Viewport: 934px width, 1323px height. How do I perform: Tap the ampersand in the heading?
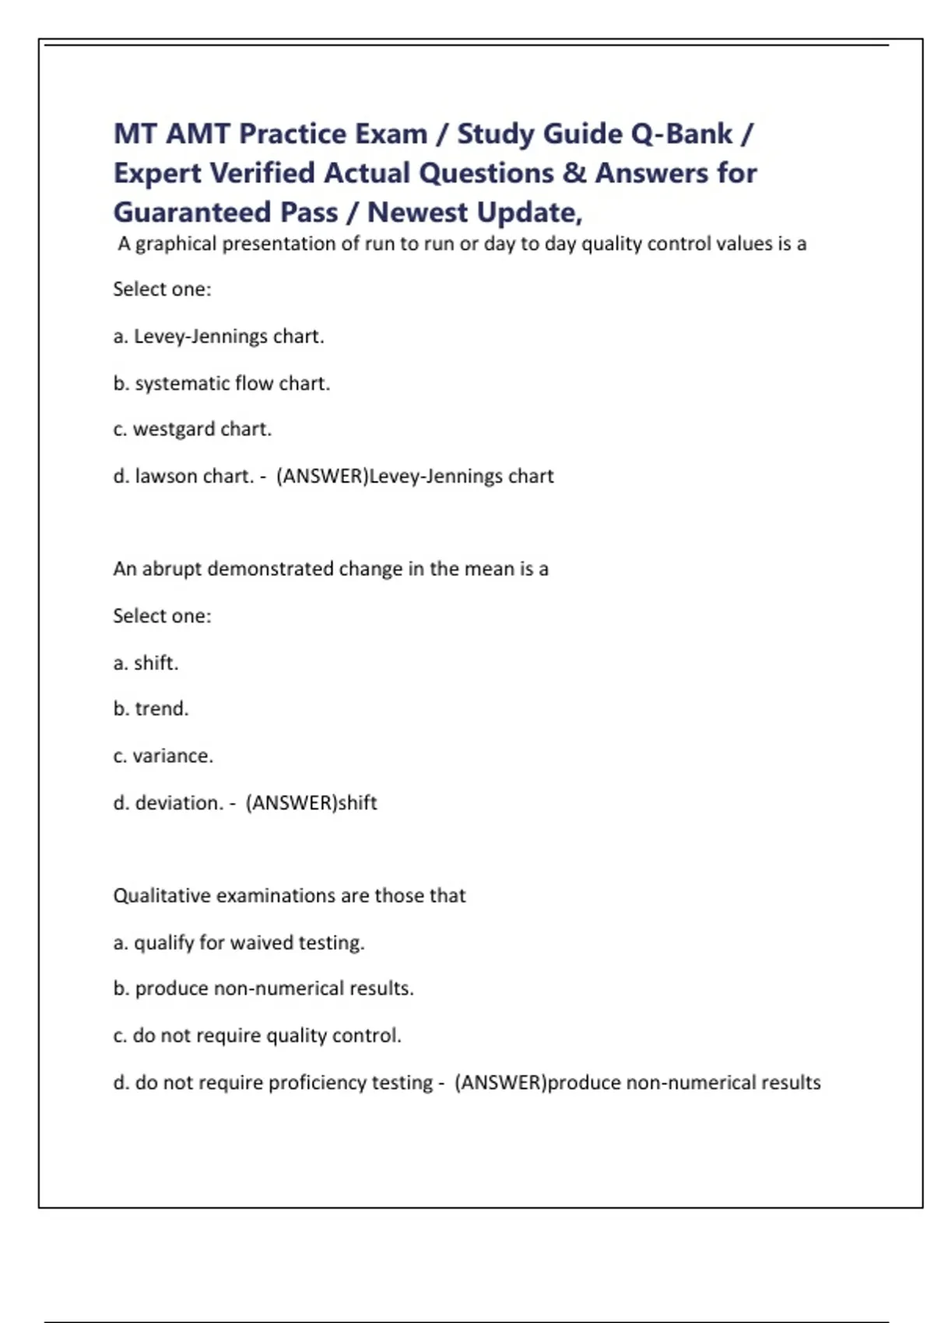574,173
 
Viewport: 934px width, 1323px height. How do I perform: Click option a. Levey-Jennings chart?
219,336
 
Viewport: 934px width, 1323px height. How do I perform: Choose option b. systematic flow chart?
222,383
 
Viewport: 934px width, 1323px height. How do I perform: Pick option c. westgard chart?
192,429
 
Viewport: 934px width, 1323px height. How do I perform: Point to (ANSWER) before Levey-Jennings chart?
322,476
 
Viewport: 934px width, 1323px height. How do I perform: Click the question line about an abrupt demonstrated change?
331,569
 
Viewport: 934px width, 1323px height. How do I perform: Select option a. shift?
146,662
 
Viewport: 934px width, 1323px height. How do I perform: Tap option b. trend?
151,708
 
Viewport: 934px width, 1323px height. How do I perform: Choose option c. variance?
163,755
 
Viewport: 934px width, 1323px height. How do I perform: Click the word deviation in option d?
179,802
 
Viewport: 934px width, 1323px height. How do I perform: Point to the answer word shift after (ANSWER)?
357,802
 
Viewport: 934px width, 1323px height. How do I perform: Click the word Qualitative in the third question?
162,896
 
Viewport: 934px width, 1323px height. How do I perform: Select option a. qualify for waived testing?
239,942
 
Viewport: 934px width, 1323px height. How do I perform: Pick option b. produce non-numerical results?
263,988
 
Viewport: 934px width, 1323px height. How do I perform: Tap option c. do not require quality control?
257,1035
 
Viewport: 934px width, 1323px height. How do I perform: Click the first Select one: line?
162,289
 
